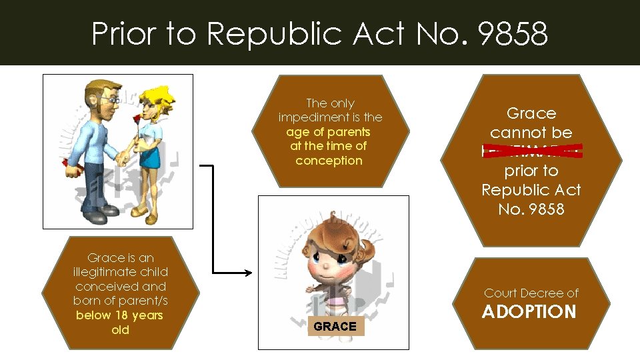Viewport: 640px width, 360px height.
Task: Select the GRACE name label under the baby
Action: point(335,326)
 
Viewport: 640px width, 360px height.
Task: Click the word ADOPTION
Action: point(529,312)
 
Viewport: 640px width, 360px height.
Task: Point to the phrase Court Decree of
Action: point(531,293)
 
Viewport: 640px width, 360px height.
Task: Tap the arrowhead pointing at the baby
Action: point(249,272)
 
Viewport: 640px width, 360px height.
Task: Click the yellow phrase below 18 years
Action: point(119,315)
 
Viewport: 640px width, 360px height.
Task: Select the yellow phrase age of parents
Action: point(328,131)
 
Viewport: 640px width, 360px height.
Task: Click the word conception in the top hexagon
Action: point(329,161)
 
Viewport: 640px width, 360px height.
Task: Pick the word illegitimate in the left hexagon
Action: point(121,272)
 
